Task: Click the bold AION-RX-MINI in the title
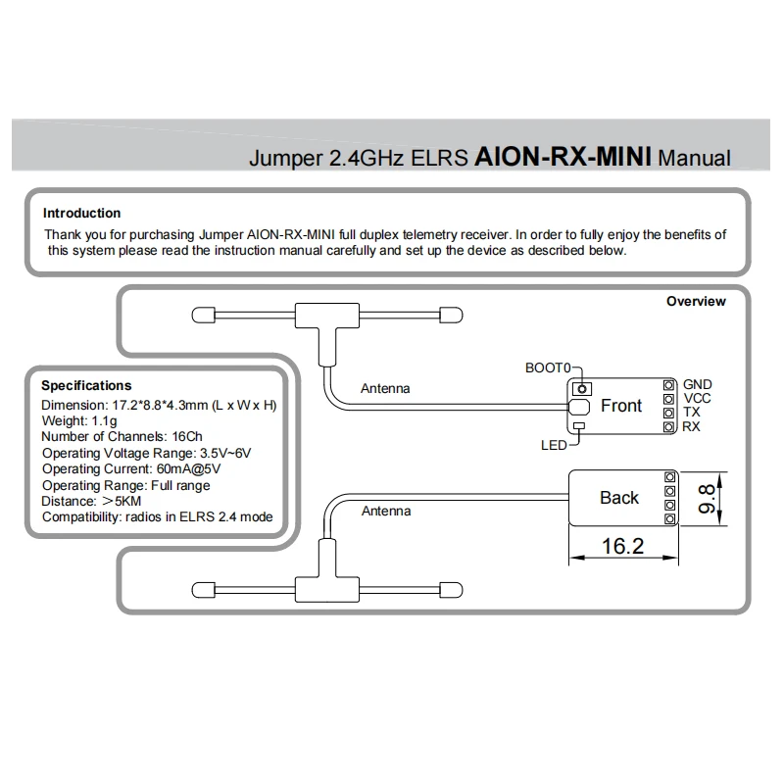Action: click(x=564, y=156)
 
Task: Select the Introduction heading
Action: click(x=81, y=213)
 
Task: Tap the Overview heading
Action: click(x=696, y=301)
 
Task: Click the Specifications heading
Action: click(x=86, y=385)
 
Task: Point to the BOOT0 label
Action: click(x=548, y=367)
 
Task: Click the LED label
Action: click(x=554, y=445)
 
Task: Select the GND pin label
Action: click(x=698, y=385)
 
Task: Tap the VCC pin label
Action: click(x=697, y=399)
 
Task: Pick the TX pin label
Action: click(x=691, y=413)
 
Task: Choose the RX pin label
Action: click(x=692, y=426)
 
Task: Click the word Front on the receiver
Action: click(x=621, y=406)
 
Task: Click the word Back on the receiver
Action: click(x=619, y=498)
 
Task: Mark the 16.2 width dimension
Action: click(x=622, y=546)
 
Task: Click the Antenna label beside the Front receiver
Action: click(x=385, y=388)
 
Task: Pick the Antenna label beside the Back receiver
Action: click(x=386, y=511)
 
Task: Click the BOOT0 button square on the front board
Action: click(x=580, y=388)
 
